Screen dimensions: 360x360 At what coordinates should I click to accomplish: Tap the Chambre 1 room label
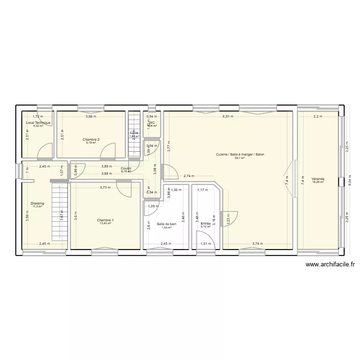click(x=105, y=220)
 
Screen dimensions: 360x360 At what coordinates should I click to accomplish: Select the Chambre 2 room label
click(x=91, y=139)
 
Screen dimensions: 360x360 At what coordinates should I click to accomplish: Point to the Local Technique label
click(x=38, y=122)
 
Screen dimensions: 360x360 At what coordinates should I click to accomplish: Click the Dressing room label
click(x=37, y=204)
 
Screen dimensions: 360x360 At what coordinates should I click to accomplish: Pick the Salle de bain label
click(x=167, y=224)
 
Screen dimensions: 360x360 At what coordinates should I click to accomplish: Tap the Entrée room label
click(x=205, y=223)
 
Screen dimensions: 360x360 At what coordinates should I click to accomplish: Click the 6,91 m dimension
click(x=228, y=117)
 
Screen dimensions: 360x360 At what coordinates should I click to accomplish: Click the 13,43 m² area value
click(x=105, y=223)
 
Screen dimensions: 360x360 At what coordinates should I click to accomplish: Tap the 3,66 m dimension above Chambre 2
click(x=91, y=117)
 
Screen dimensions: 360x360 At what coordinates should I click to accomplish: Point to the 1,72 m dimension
click(x=38, y=117)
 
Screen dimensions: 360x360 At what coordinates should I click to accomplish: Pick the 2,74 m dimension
click(x=189, y=176)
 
